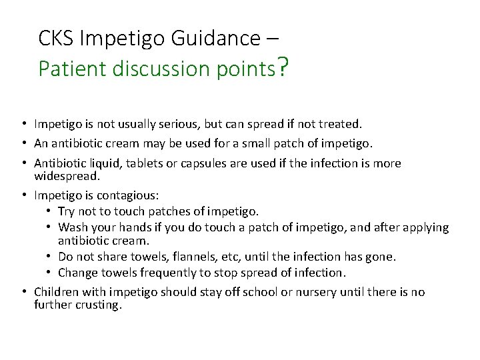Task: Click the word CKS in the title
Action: [x=56, y=39]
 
